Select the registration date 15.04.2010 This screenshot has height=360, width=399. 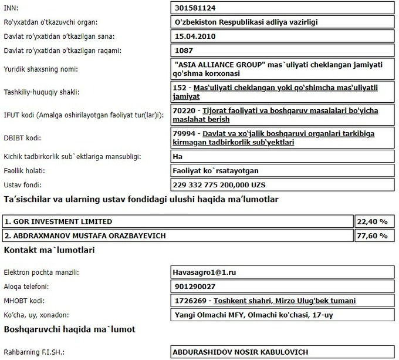196,36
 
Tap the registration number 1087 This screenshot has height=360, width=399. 184,51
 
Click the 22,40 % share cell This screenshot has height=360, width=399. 372,221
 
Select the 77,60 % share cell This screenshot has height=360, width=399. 372,235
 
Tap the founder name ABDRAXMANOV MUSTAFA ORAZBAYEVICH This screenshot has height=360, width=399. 85,235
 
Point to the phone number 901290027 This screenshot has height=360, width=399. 195,287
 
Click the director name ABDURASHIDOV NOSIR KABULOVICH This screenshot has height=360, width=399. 240,352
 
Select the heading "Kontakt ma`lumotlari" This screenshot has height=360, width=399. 50,250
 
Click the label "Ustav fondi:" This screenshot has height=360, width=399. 23,184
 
